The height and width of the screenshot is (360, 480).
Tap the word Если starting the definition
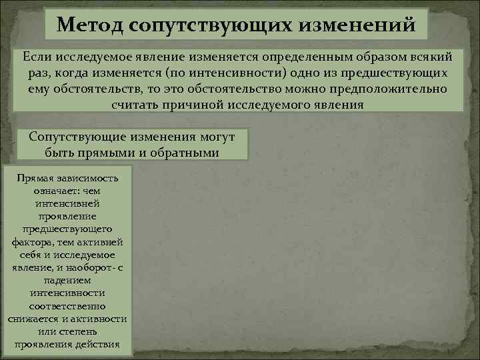click(x=39, y=57)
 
